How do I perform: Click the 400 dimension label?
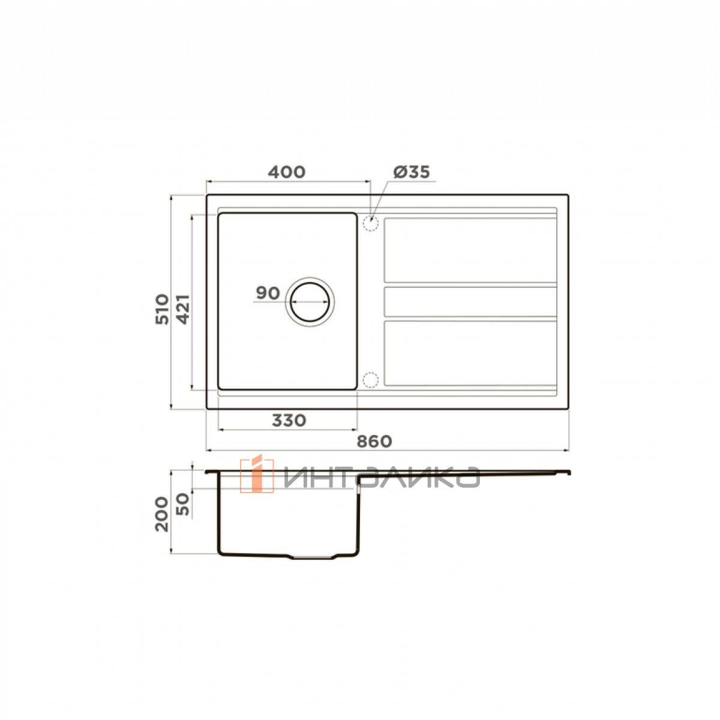[287, 172]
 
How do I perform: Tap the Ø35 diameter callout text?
[412, 172]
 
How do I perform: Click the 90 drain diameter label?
[268, 293]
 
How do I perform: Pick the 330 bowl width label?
[289, 421]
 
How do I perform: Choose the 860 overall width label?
[374, 442]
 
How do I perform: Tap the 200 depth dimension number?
[162, 514]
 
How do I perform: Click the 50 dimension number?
[183, 504]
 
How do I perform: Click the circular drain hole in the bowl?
[310, 302]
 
